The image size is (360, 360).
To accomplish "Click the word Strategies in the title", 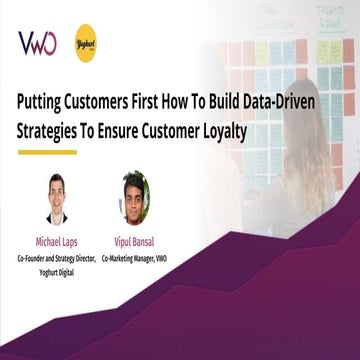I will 51,129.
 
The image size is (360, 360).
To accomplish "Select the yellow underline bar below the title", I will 47,151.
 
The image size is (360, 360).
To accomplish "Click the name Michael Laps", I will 56,241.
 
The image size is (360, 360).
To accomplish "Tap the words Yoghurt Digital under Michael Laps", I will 56,269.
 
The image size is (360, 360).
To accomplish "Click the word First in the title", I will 158,101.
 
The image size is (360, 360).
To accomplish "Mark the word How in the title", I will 188,101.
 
